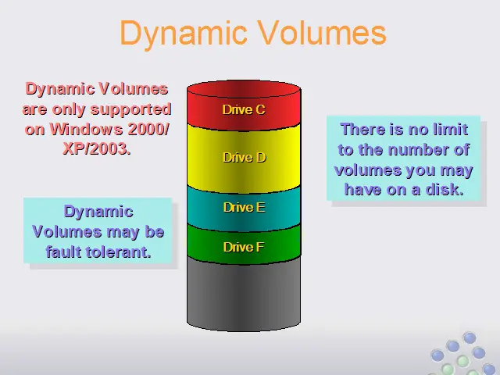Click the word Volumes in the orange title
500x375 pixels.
(322, 32)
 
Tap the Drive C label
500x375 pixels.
(244, 109)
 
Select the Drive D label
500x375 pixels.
(245, 157)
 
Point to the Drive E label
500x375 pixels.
(244, 207)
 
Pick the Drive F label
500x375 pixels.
(244, 247)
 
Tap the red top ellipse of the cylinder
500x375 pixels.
(244, 89)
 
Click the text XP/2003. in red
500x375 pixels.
(97, 148)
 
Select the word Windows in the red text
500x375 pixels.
(87, 129)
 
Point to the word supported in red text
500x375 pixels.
(131, 110)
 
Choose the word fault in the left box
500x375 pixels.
(65, 252)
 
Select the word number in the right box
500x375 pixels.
(417, 149)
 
